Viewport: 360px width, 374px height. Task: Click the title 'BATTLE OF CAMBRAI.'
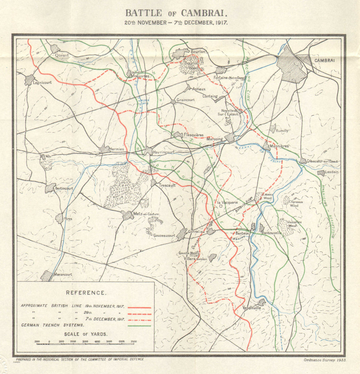coord(176,13)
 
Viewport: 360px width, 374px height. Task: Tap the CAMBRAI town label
coord(324,60)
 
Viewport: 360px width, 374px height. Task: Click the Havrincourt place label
coord(163,152)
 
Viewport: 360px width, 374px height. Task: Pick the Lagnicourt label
coord(42,82)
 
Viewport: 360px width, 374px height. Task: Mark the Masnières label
coord(279,146)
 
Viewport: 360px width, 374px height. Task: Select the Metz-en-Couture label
coord(146,214)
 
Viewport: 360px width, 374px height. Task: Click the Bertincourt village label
coord(64,188)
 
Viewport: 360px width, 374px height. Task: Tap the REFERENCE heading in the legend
coord(86,293)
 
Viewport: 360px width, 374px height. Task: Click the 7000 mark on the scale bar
coord(134,341)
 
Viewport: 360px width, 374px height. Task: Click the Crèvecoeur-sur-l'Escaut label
coord(323,161)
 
